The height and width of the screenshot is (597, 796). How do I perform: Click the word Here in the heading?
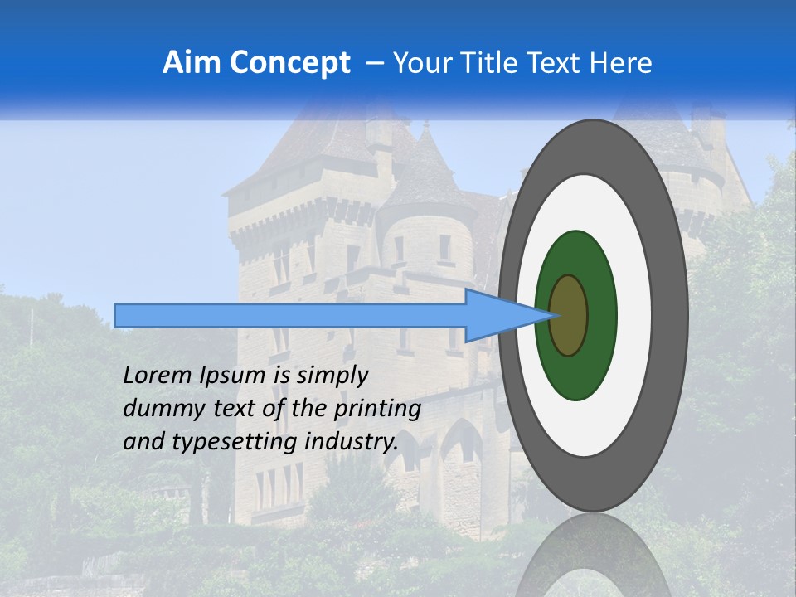pos(620,63)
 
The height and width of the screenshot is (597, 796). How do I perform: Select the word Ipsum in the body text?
pos(231,376)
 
